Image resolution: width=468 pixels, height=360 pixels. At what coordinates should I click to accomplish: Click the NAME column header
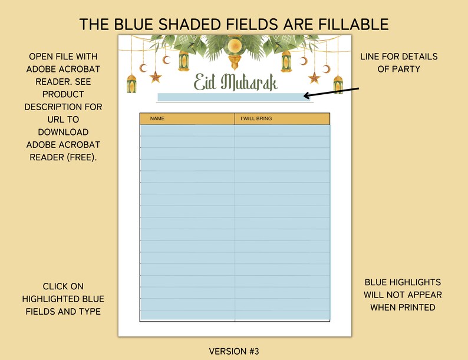pos(157,119)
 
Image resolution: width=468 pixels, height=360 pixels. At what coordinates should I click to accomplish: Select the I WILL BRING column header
pos(256,119)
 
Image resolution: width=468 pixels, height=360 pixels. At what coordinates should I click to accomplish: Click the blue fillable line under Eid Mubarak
pos(233,97)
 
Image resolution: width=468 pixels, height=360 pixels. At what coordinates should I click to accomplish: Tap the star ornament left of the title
pos(156,77)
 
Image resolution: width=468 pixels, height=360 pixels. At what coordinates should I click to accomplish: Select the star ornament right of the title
pos(314,77)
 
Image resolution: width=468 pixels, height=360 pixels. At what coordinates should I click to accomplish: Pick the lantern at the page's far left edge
pos(131,84)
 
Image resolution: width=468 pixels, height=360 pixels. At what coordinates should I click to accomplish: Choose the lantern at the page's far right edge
pos(338,84)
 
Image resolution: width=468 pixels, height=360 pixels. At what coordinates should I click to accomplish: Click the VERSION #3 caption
pos(234,351)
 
